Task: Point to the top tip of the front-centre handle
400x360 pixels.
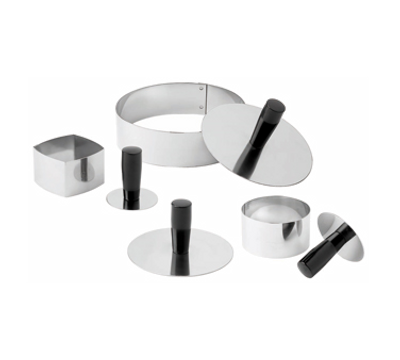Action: pyautogui.click(x=180, y=202)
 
